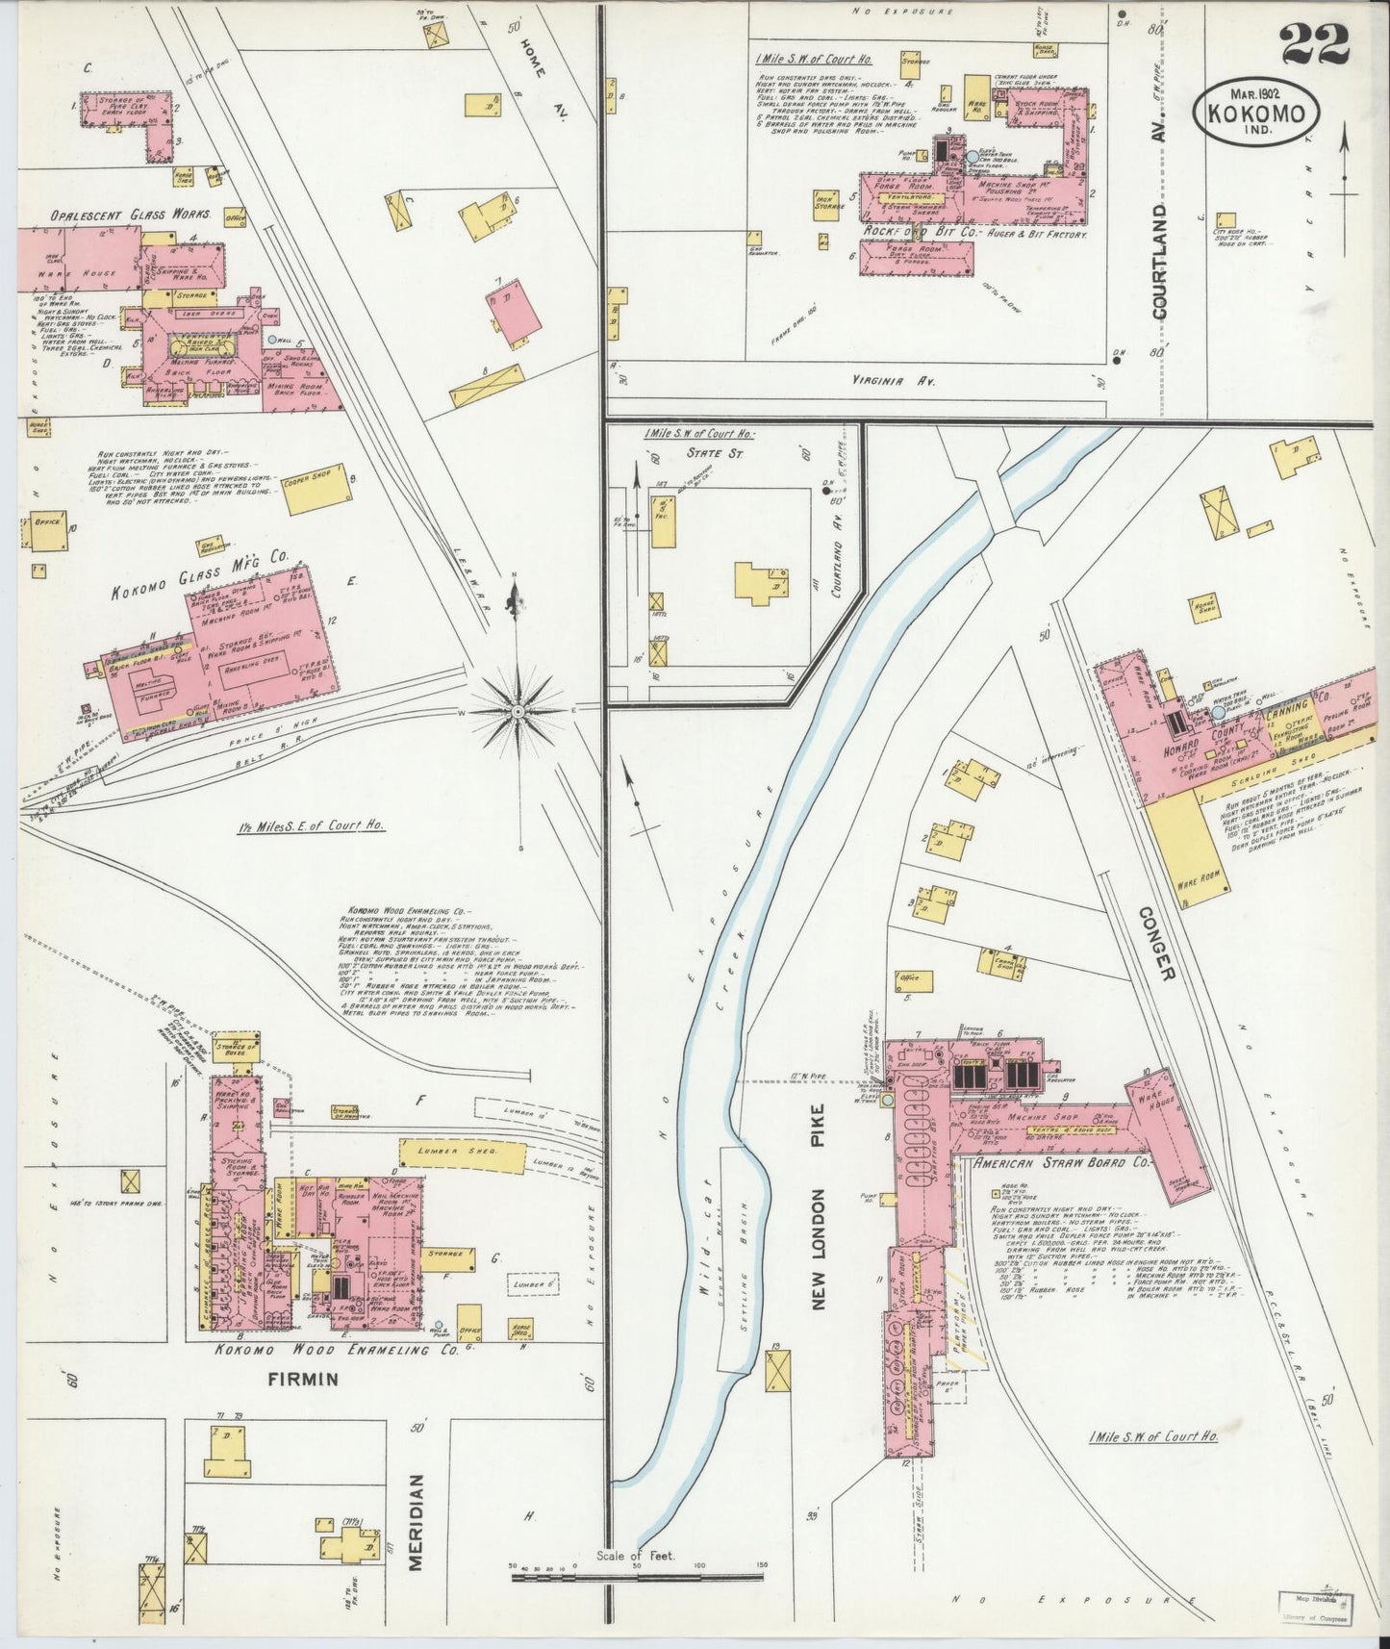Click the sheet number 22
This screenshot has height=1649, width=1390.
1315,44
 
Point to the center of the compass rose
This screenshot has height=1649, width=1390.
518,711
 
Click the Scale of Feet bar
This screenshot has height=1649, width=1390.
636,1575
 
